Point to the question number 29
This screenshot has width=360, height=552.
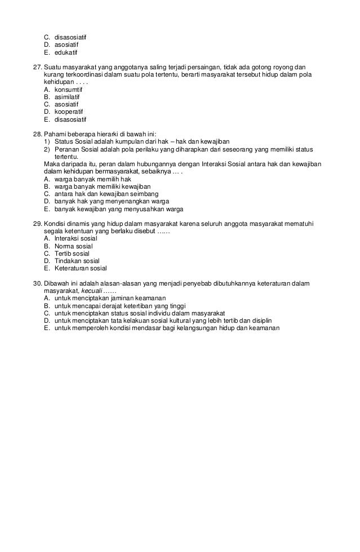pos(38,224)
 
